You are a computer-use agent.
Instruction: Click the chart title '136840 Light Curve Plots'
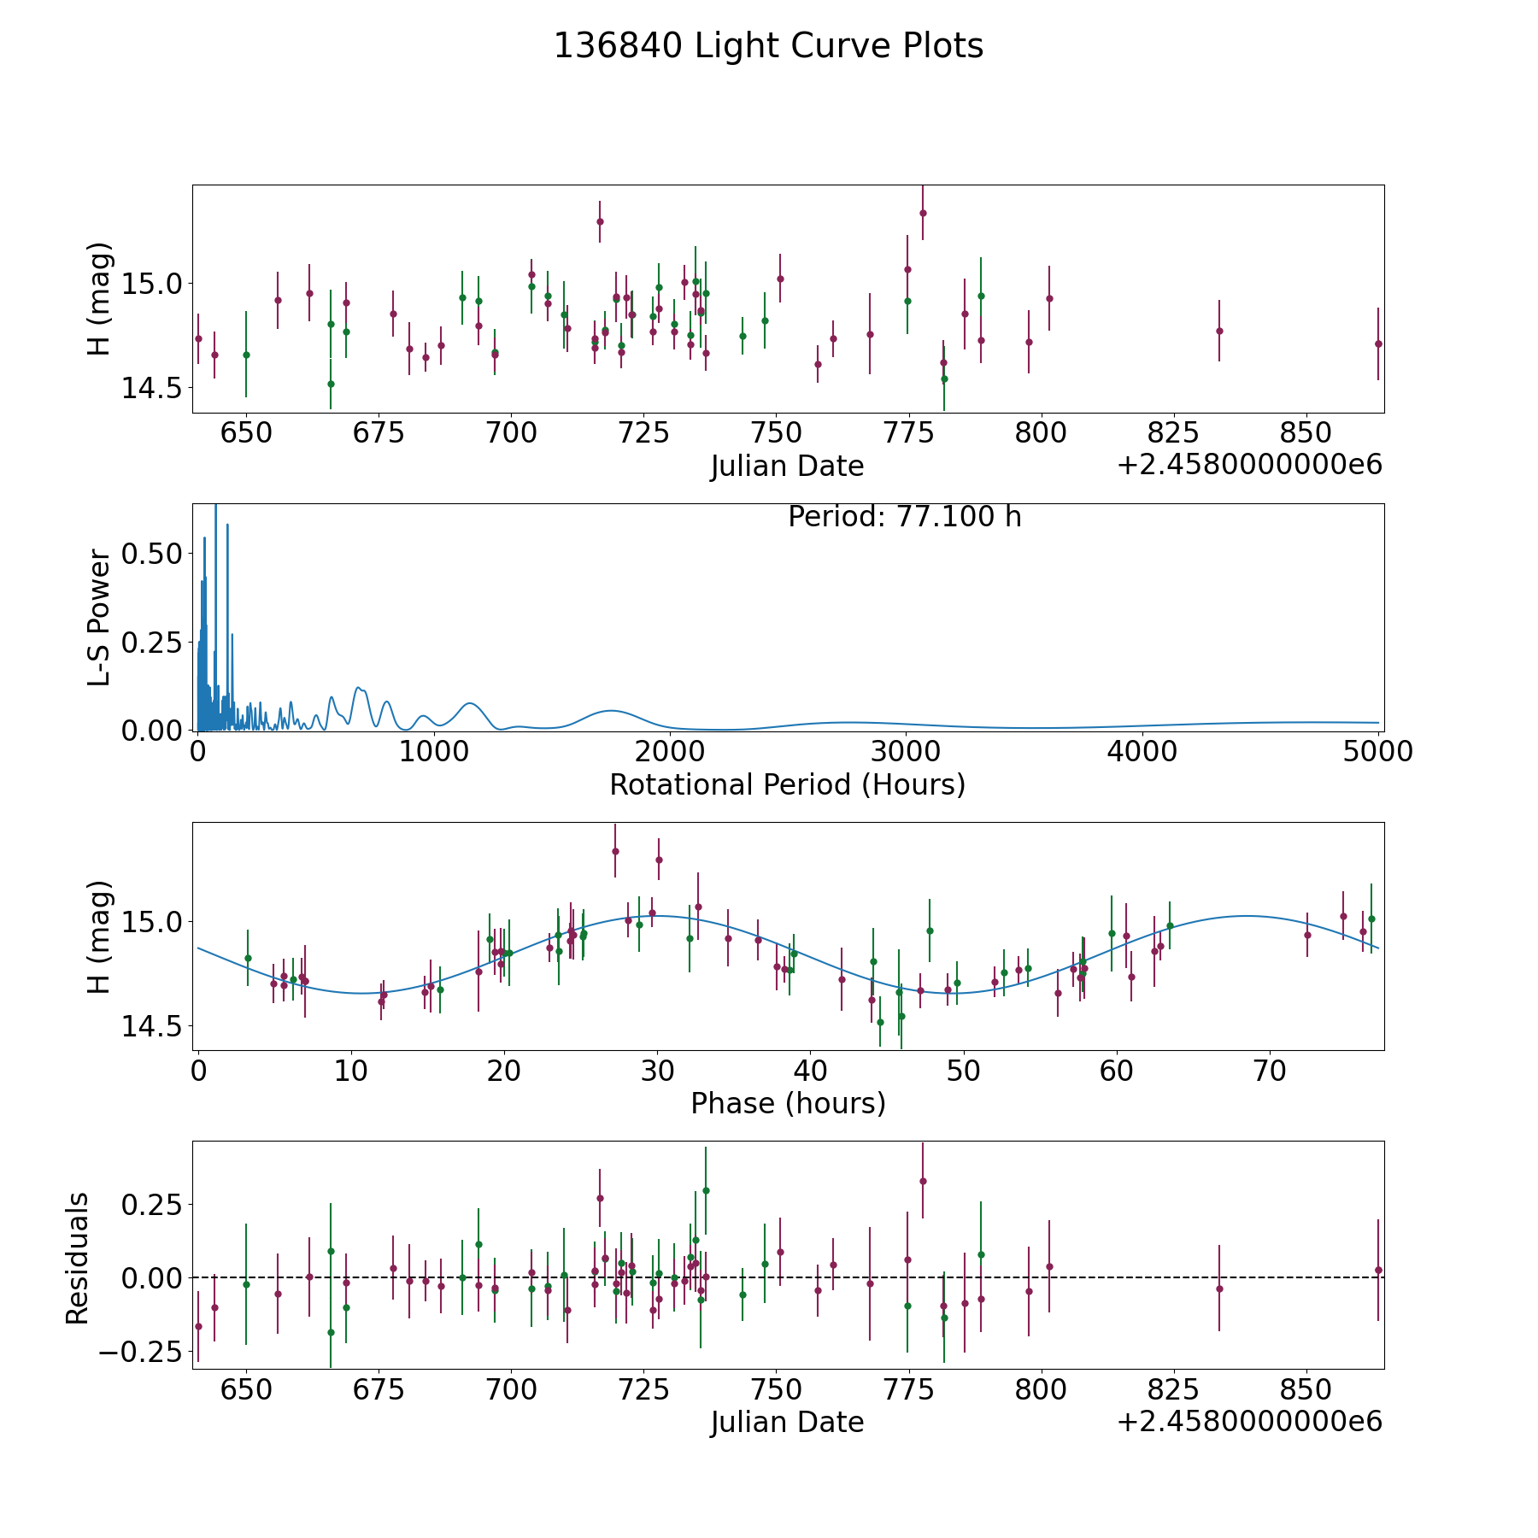click(x=768, y=46)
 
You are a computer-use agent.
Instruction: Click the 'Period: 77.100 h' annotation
click(x=904, y=517)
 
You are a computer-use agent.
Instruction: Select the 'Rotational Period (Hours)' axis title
click(x=787, y=784)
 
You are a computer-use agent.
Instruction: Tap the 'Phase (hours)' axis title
click(x=788, y=1103)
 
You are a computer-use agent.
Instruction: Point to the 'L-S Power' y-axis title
click(x=99, y=617)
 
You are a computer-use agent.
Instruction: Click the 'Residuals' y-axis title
click(x=78, y=1259)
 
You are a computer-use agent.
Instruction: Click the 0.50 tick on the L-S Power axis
click(x=151, y=554)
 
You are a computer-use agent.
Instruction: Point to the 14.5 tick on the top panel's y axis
click(x=151, y=388)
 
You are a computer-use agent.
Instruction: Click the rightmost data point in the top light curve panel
click(x=1378, y=343)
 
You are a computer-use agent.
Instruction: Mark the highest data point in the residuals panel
click(x=923, y=1181)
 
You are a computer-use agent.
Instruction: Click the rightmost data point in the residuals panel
click(x=1378, y=1270)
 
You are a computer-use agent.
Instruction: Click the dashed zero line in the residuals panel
click(x=1111, y=1277)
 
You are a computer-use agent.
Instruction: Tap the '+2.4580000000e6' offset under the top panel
click(x=1249, y=466)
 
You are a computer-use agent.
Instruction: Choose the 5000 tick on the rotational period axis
click(x=1378, y=752)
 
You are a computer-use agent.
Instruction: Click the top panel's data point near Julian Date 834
click(x=1219, y=331)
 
